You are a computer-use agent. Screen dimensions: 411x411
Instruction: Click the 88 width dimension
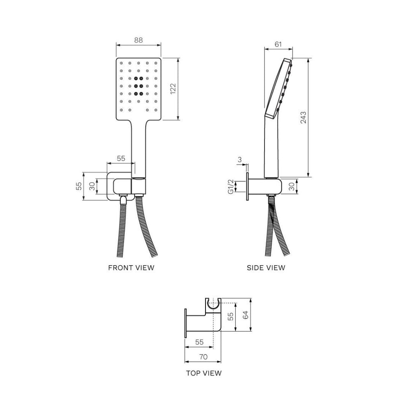(x=138, y=40)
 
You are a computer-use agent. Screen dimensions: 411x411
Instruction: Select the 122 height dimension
(x=173, y=89)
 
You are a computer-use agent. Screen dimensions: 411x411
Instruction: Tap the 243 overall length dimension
(x=303, y=117)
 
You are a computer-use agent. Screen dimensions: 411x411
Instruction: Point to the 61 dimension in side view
(x=278, y=44)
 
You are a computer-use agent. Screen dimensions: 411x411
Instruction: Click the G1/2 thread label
(x=231, y=187)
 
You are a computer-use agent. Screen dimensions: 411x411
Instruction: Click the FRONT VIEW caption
(x=131, y=268)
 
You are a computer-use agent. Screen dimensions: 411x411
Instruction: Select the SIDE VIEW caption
(x=266, y=268)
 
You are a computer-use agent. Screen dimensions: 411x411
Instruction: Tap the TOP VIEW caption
(x=203, y=373)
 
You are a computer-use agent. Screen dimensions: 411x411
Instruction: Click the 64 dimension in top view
(x=245, y=315)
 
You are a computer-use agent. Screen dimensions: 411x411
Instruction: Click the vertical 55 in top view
(x=230, y=316)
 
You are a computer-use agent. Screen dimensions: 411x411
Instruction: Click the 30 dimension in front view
(x=92, y=187)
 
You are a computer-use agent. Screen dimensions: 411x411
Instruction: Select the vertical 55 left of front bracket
(x=79, y=186)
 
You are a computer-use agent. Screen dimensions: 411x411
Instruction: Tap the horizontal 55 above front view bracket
(x=121, y=158)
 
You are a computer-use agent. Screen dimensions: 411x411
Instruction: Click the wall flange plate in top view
(x=185, y=324)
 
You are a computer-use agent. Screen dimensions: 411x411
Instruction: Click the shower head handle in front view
(x=138, y=149)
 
